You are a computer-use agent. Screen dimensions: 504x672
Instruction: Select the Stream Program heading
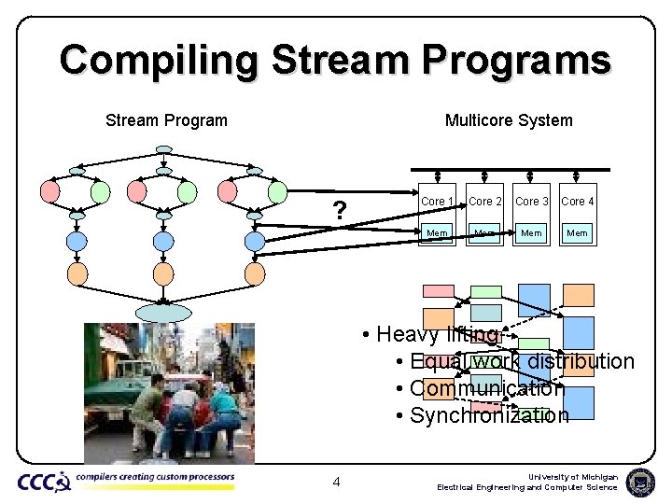pos(166,120)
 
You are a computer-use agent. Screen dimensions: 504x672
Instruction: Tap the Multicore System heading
pos(509,120)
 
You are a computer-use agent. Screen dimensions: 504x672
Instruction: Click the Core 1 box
pos(438,202)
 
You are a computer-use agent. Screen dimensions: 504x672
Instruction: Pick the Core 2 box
pos(485,202)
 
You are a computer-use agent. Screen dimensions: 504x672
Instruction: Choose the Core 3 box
pos(532,202)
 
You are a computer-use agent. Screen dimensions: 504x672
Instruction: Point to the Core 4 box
pos(578,202)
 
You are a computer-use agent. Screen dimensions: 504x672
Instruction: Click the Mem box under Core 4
pos(578,232)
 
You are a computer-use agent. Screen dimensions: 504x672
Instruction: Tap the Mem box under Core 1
pos(438,232)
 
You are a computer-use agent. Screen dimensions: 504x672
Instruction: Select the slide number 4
pos(336,482)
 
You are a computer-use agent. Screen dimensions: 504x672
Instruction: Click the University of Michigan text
pos(573,477)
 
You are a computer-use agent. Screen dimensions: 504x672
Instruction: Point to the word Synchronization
pos(489,415)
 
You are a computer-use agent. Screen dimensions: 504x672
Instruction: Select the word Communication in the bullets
pos(487,388)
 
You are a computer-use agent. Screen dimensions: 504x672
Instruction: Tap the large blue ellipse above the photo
pos(162,312)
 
